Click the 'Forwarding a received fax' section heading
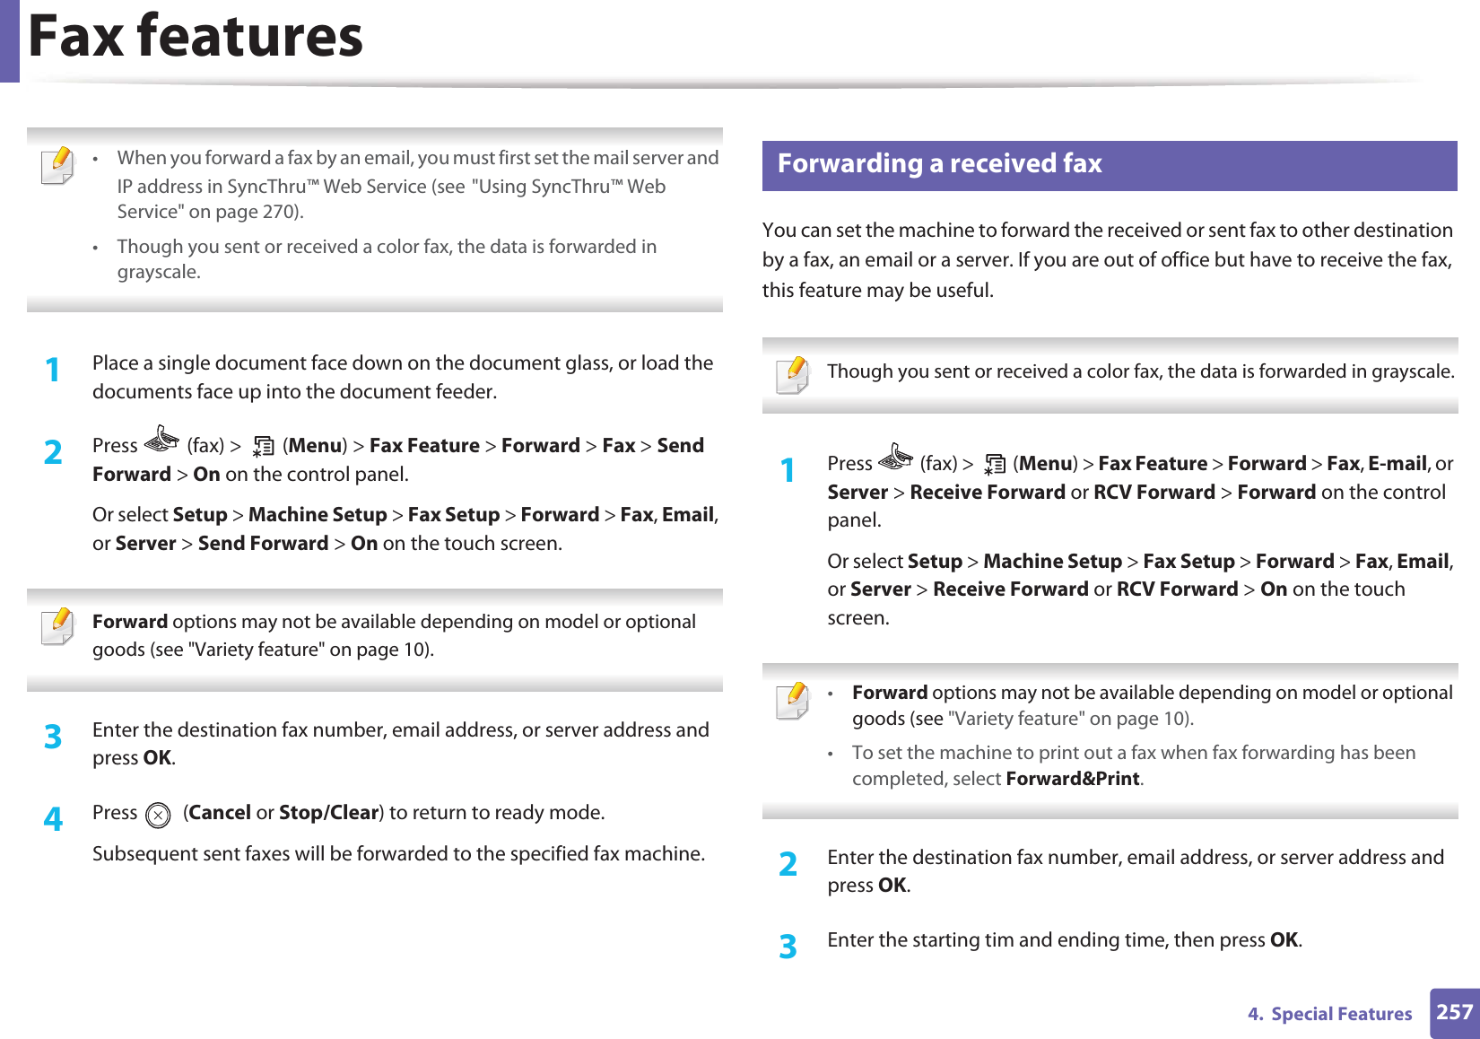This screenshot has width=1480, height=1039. [x=939, y=164]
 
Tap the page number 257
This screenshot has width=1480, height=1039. [x=1454, y=1013]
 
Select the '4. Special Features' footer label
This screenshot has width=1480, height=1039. [x=1329, y=1014]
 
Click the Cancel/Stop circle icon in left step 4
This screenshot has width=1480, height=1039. [x=158, y=815]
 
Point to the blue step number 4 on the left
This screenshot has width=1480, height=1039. [x=54, y=818]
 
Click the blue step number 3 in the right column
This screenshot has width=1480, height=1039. [x=788, y=946]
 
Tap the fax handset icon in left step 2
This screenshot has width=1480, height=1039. [x=161, y=439]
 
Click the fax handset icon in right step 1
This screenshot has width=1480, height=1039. [x=895, y=458]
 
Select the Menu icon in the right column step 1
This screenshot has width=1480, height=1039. [x=994, y=465]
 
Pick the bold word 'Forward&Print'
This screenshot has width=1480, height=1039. [x=1073, y=779]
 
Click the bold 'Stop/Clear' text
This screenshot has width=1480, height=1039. [x=328, y=813]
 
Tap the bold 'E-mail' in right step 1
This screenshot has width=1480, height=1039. [x=1397, y=464]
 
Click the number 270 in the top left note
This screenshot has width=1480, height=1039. [x=279, y=212]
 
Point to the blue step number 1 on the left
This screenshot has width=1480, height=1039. [x=54, y=369]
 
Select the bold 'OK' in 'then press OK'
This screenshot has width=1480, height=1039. [x=1284, y=940]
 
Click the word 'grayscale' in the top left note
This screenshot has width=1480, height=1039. [x=157, y=272]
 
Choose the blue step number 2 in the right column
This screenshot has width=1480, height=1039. [x=788, y=863]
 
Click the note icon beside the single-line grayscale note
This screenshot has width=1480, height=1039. [x=793, y=375]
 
